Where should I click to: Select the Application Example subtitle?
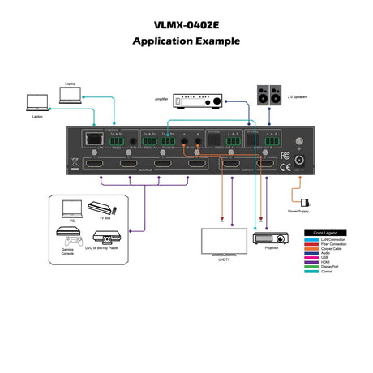tap(186, 41)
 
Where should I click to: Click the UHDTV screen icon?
tap(223, 242)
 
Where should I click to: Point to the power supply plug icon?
tap(303, 201)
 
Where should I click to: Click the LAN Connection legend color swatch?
tap(314, 240)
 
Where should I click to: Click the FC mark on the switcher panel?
tap(285, 154)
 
